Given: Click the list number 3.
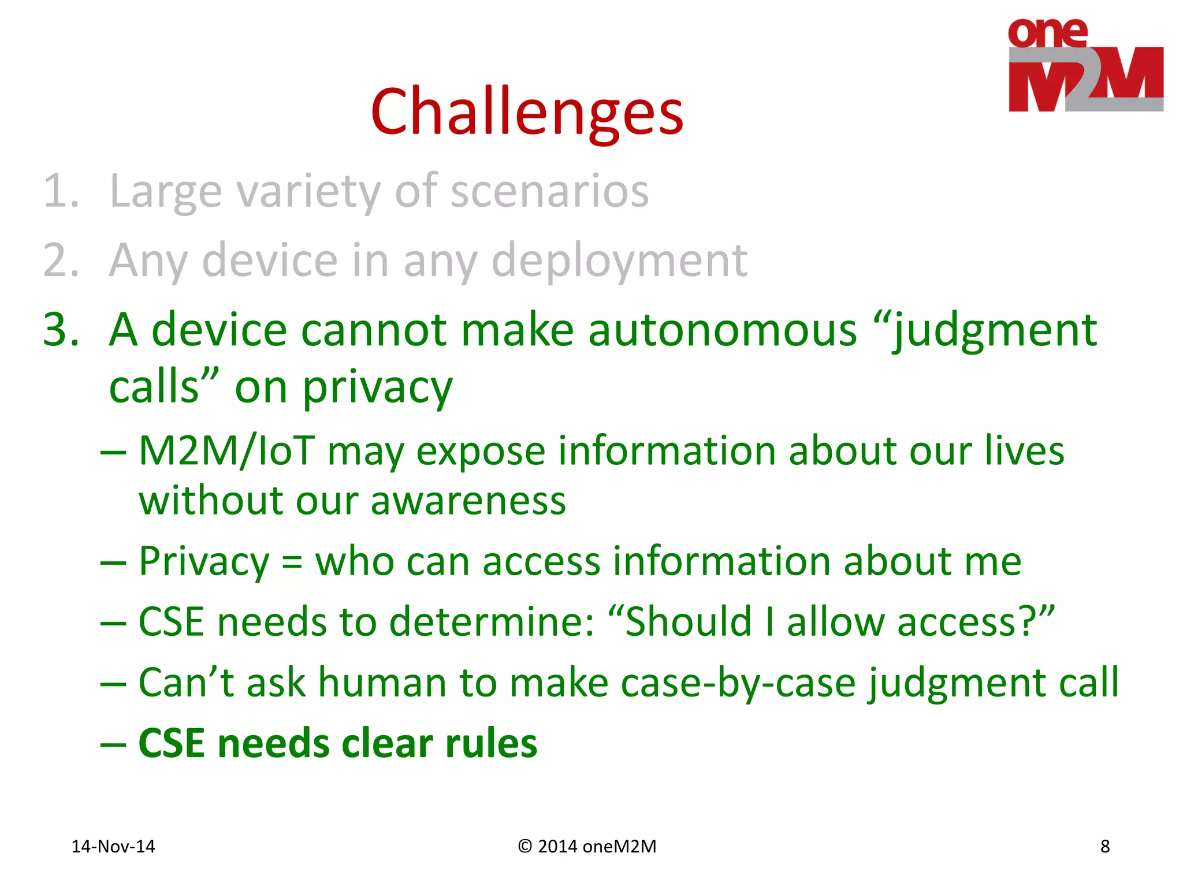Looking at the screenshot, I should point(61,330).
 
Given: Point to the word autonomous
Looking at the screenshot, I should point(722,330).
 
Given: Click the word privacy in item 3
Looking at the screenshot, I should point(378,387).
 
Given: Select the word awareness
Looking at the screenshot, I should point(468,501).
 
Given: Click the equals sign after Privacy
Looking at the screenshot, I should point(292,562).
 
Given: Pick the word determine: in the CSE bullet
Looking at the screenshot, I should point(492,622).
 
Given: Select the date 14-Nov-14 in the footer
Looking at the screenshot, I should point(113,847).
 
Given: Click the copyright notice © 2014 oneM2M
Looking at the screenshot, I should point(587,847).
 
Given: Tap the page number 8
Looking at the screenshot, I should point(1104,847).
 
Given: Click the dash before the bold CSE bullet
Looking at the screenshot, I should point(113,744).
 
